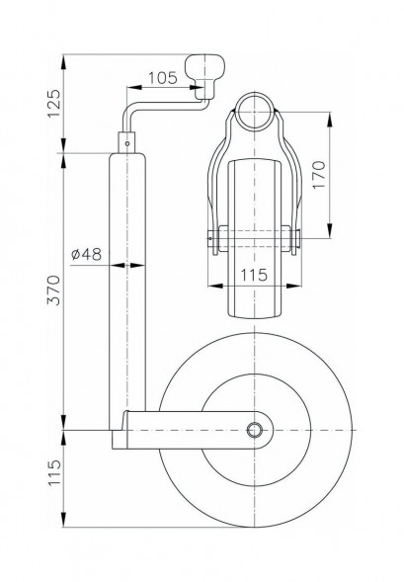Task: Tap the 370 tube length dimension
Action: [53, 291]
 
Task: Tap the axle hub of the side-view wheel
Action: [256, 429]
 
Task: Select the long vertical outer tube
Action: [128, 296]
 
